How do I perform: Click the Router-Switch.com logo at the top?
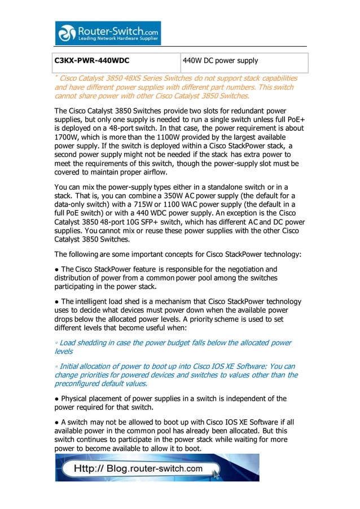[107, 33]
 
